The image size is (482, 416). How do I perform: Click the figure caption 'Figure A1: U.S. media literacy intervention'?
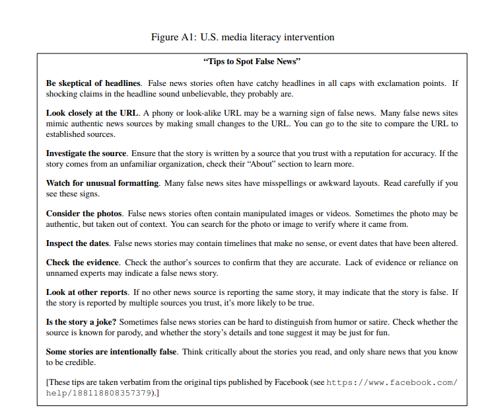pyautogui.click(x=242, y=37)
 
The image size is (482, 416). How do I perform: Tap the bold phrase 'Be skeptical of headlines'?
pyautogui.click(x=93, y=83)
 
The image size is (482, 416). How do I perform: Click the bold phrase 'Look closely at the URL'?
pyautogui.click(x=92, y=113)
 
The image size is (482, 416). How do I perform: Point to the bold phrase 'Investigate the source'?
pyautogui.click(x=86, y=153)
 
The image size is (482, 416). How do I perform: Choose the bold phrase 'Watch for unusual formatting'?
pyautogui.click(x=102, y=183)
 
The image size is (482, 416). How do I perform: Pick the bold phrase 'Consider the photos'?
pyautogui.click(x=84, y=214)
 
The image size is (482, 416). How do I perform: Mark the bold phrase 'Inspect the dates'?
pyautogui.click(x=78, y=243)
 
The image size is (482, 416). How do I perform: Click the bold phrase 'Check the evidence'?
pyautogui.click(x=83, y=263)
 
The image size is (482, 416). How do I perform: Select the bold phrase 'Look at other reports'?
pyautogui.click(x=87, y=292)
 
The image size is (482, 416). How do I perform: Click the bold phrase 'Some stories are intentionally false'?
pyautogui.click(x=111, y=352)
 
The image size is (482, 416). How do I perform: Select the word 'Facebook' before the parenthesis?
pyautogui.click(x=291, y=382)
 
